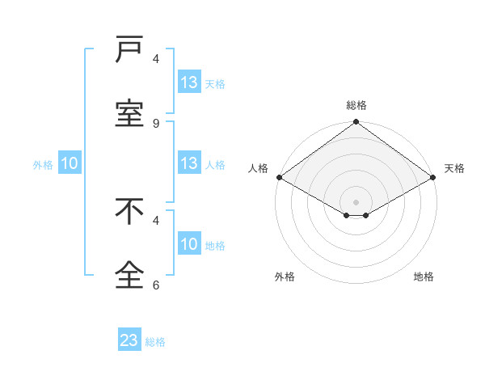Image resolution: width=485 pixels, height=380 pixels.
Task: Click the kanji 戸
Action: tap(129, 50)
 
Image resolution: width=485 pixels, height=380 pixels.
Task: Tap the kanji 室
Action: tap(129, 113)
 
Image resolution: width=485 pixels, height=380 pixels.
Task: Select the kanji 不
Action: tap(129, 212)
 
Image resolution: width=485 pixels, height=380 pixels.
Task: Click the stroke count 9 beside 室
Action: tap(156, 123)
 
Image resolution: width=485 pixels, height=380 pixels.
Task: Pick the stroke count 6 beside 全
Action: tap(156, 285)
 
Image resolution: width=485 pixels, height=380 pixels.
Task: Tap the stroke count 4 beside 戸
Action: tap(156, 58)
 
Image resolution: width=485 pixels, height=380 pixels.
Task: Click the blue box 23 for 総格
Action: tap(129, 340)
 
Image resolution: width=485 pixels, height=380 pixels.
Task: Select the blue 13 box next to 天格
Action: tap(189, 82)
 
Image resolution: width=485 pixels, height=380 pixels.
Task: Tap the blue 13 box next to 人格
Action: tap(189, 163)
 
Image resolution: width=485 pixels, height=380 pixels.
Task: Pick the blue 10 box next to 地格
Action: tap(189, 244)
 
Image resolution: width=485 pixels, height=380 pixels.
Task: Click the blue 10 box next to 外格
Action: tap(70, 163)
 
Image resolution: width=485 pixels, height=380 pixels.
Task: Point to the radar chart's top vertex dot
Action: tap(356, 123)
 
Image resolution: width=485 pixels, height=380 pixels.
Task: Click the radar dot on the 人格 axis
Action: tap(278, 177)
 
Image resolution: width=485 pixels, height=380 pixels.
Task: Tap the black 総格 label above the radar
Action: tap(356, 105)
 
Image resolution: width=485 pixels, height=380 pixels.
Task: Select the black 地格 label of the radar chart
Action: tap(424, 277)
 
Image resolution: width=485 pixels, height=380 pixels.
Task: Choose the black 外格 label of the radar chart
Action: tap(285, 277)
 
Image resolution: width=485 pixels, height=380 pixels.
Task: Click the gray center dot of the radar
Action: tap(356, 201)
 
